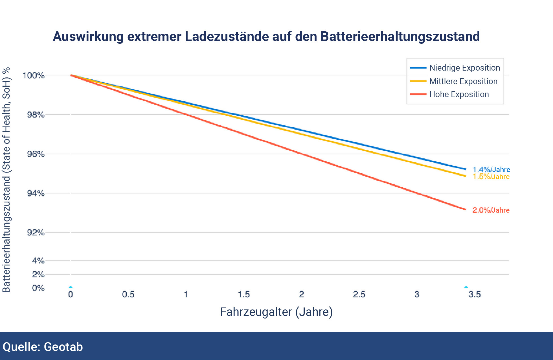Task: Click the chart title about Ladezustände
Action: [x=266, y=36]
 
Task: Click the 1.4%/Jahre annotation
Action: [x=491, y=169]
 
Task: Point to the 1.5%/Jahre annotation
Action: [x=491, y=177]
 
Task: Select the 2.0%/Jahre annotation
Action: [x=491, y=210]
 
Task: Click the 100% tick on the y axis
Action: [x=34, y=75]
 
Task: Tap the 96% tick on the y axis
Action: [x=36, y=154]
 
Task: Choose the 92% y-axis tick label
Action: [x=36, y=232]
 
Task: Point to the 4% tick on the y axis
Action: [x=38, y=260]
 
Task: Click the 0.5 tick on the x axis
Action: [x=128, y=294]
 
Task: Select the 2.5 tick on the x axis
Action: [x=359, y=294]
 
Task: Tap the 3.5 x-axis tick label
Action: [x=475, y=294]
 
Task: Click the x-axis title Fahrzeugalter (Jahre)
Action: [x=276, y=312]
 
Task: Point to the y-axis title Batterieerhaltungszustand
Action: [x=6, y=180]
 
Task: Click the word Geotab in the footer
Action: [x=63, y=347]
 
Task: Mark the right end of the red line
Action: [x=465, y=209]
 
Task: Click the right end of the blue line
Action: [x=465, y=169]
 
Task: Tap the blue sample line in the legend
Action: [x=418, y=68]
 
